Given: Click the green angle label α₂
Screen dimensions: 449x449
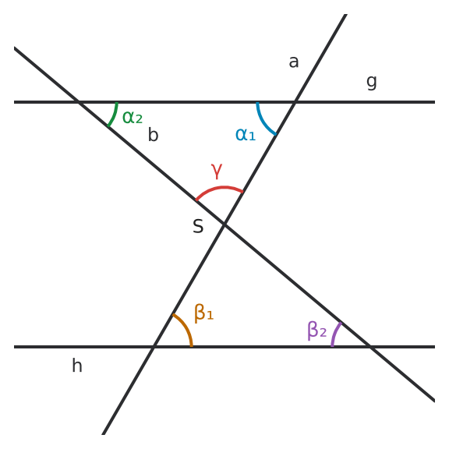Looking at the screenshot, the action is pyautogui.click(x=133, y=117).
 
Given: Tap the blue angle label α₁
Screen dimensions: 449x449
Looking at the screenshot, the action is pyautogui.click(x=246, y=134).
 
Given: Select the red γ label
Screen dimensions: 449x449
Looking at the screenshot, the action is pyautogui.click(x=217, y=171).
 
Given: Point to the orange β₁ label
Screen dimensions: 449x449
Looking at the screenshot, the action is pyautogui.click(x=204, y=313).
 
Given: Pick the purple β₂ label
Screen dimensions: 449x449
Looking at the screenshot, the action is pyautogui.click(x=316, y=331).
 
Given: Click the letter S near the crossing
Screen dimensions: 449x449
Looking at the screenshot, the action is pyautogui.click(x=198, y=226).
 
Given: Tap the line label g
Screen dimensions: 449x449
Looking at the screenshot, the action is pyautogui.click(x=371, y=83).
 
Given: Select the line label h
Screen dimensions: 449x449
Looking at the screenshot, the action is pyautogui.click(x=77, y=365).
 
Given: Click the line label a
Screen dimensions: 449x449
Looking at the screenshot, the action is pyautogui.click(x=294, y=62).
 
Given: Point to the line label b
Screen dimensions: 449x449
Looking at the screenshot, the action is pyautogui.click(x=154, y=134).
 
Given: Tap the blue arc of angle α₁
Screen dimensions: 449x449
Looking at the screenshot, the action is pyautogui.click(x=264, y=122).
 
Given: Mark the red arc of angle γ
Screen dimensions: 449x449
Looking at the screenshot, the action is pyautogui.click(x=221, y=188).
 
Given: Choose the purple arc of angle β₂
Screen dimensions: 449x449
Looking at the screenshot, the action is pyautogui.click(x=334, y=334).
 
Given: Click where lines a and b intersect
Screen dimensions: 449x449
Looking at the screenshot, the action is pyautogui.click(x=224, y=224).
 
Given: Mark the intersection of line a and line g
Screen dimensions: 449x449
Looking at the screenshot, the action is pyautogui.click(x=295, y=102).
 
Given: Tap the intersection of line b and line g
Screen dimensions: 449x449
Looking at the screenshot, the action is pyautogui.click(x=79, y=102).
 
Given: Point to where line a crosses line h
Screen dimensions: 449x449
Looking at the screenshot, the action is pyautogui.click(x=154, y=347).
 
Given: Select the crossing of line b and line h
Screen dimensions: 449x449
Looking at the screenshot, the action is pyautogui.click(x=370, y=347).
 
